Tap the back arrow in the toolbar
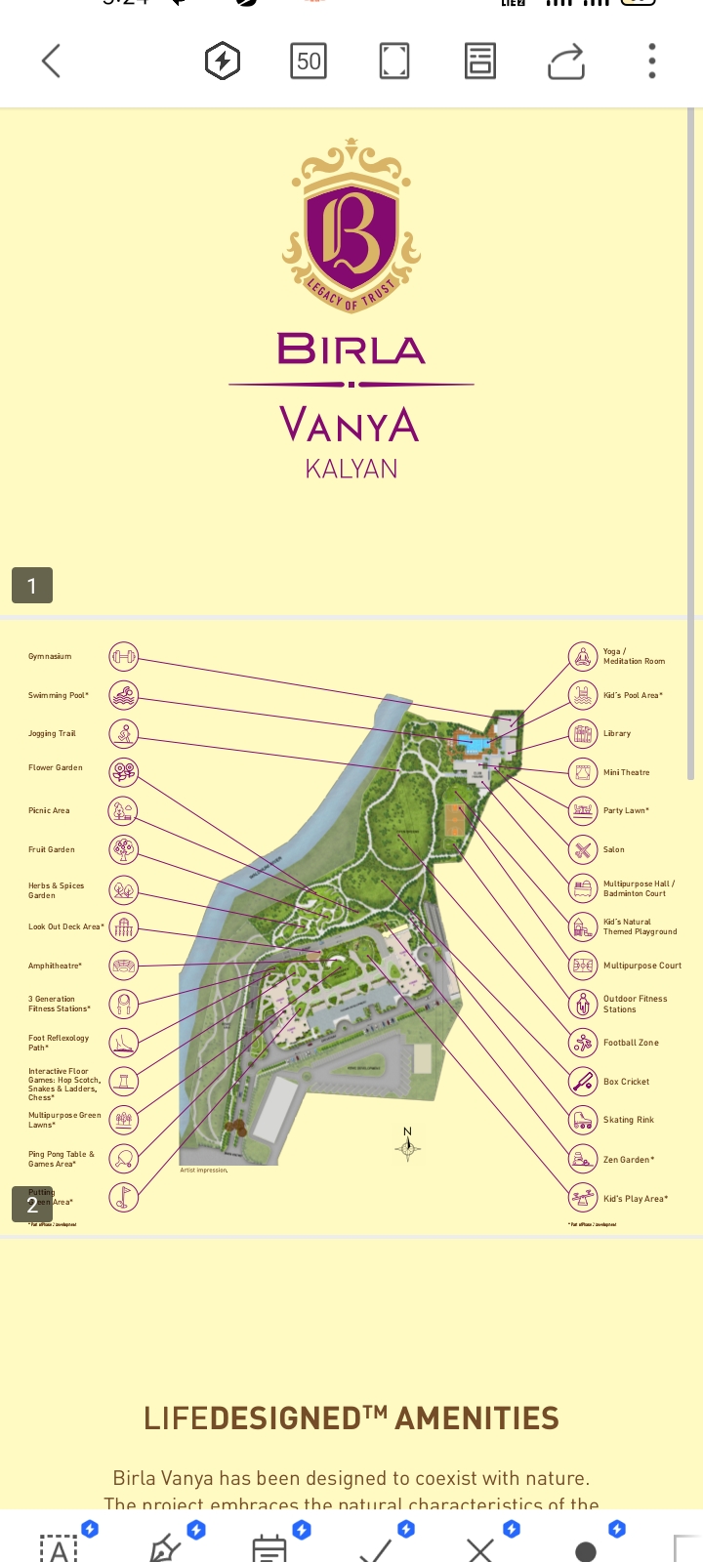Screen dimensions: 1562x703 52,62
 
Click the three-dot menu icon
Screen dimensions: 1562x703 652,62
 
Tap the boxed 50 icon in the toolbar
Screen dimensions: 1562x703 309,62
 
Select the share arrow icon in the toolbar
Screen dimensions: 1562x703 566,62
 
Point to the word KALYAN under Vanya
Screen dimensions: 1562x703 351,469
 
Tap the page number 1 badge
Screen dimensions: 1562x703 32,586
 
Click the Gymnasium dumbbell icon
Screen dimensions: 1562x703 123,656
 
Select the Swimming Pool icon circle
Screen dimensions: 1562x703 123,695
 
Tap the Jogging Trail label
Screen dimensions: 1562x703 52,733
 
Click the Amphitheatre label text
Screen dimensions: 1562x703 55,966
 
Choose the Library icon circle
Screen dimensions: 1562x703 583,733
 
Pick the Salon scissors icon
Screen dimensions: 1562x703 583,849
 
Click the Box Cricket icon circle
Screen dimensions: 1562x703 583,1082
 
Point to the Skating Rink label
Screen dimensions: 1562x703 629,1120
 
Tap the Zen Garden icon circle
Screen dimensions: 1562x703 583,1159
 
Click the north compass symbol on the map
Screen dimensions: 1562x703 408,1147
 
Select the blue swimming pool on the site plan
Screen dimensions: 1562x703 474,745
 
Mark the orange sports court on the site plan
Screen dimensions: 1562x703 453,820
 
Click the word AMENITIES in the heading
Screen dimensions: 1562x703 477,1418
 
